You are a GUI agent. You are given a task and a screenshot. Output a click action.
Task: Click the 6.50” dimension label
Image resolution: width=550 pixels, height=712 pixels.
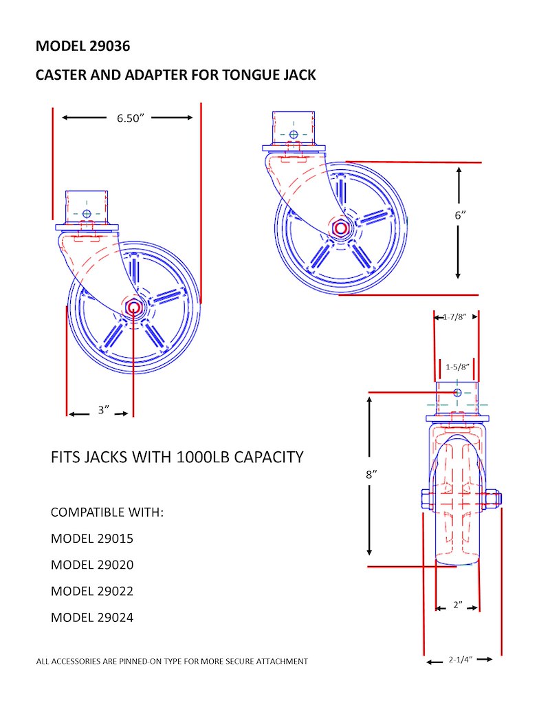point(130,118)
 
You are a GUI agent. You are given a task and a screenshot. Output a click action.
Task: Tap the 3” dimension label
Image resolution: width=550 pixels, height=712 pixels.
point(104,410)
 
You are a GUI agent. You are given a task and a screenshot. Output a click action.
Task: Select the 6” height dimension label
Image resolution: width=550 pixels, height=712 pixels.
point(460,215)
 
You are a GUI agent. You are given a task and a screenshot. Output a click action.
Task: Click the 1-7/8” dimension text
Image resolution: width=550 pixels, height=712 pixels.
point(455,317)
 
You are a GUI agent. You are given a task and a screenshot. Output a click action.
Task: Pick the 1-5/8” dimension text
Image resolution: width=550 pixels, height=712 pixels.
point(458,367)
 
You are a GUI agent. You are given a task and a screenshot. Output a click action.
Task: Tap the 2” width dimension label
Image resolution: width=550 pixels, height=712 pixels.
point(458,605)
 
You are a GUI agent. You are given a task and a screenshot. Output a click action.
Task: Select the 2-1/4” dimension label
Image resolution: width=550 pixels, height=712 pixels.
point(460,659)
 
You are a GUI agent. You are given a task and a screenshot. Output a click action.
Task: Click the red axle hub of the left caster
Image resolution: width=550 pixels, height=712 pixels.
point(133,307)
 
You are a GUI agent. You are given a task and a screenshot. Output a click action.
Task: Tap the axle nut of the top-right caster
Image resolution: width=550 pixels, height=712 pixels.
point(340,228)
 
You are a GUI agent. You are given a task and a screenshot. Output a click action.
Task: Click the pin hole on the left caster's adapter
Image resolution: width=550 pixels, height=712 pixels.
point(87,213)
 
